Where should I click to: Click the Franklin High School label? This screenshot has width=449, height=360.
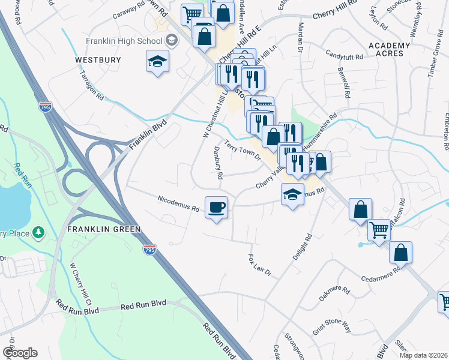click(124, 41)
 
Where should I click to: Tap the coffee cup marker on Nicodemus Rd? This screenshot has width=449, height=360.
click(216, 207)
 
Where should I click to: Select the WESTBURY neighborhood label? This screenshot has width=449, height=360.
click(98, 60)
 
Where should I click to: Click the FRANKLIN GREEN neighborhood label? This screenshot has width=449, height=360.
click(104, 229)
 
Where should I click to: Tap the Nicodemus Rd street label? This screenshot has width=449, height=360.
click(178, 203)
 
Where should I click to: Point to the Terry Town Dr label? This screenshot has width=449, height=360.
click(243, 151)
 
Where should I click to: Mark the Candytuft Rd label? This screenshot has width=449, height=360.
click(345, 57)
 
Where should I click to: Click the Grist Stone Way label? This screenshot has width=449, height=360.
click(331, 327)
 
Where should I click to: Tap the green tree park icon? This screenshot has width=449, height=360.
click(38, 232)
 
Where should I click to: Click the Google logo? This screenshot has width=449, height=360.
click(19, 353)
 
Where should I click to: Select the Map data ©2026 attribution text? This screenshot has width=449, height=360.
click(423, 355)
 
